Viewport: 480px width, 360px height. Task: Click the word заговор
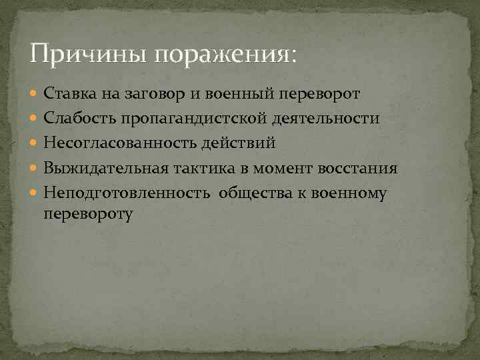click(156, 94)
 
